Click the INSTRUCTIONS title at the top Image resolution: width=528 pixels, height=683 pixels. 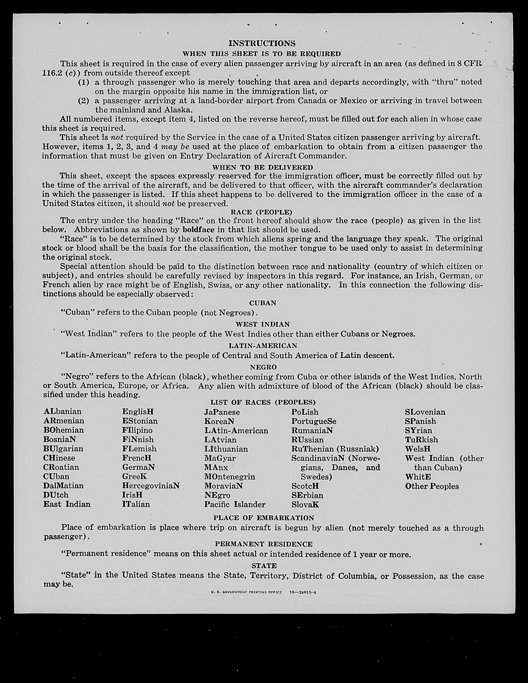click(x=262, y=43)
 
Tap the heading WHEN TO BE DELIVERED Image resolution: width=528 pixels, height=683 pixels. click(x=262, y=167)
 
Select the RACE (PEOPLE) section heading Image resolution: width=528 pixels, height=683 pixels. click(x=262, y=212)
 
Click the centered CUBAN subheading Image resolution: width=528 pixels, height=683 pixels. click(x=263, y=303)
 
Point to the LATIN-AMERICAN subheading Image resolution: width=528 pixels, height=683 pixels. click(x=263, y=346)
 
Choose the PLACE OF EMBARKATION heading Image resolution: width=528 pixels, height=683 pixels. click(x=264, y=518)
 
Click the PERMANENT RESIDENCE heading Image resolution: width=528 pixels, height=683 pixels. click(x=264, y=544)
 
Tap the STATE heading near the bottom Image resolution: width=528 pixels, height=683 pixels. click(x=264, y=566)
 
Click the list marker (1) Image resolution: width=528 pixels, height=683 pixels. click(x=83, y=82)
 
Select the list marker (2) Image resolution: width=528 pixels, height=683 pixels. click(x=83, y=101)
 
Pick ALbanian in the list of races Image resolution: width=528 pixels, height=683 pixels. click(x=63, y=412)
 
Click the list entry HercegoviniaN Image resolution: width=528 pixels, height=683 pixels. click(x=151, y=486)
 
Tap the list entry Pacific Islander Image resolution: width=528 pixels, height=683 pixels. click(x=235, y=504)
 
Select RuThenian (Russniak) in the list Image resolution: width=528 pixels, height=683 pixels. click(x=335, y=449)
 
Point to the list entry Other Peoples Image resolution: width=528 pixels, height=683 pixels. click(x=432, y=486)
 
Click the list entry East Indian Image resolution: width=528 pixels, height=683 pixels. click(x=67, y=504)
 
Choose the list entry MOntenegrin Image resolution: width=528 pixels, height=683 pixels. click(x=230, y=477)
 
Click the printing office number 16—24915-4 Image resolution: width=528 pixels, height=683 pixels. click(x=303, y=592)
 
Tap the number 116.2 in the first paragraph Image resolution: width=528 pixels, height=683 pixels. click(x=51, y=73)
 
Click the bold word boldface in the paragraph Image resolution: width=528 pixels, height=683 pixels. click(x=198, y=230)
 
